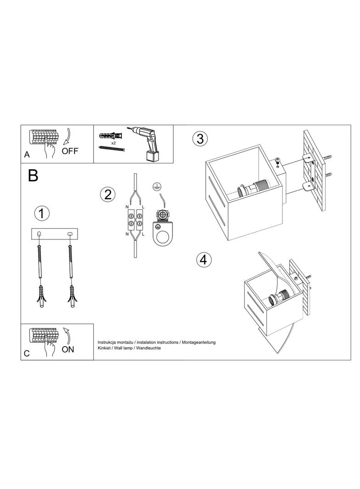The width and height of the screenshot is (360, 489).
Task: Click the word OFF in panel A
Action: click(70, 151)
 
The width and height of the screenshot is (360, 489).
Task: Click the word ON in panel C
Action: click(68, 350)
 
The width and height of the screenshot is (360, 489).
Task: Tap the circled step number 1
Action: click(42, 214)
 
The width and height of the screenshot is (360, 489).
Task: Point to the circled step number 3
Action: click(200, 139)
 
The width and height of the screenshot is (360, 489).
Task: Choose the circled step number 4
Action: click(203, 260)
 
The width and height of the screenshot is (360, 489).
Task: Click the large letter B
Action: click(33, 176)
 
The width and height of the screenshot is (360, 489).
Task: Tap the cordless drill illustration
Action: click(146, 143)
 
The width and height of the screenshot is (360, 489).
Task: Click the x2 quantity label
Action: click(113, 143)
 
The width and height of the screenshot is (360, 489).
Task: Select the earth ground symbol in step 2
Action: click(155, 186)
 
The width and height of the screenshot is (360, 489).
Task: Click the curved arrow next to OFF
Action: click(68, 137)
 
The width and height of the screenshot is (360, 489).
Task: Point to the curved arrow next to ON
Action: click(67, 335)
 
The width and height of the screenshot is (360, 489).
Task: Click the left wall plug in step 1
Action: click(41, 297)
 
